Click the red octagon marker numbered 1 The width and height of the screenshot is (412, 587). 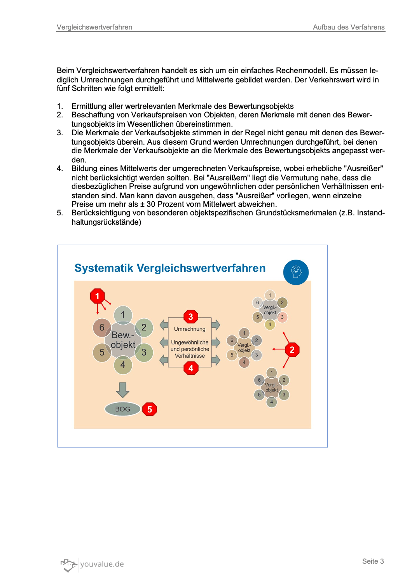coord(97,296)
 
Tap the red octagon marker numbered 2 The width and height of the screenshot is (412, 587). coord(292,350)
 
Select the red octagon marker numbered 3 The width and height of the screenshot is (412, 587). coord(190,317)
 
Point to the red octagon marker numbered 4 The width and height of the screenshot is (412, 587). coord(191,368)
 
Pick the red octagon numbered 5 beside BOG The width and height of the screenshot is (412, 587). coord(150,409)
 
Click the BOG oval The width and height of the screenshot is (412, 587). coord(122,409)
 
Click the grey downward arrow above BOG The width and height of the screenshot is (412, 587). coord(123,390)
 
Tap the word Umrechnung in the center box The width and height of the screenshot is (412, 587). coord(190,329)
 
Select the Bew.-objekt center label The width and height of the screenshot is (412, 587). coord(123,340)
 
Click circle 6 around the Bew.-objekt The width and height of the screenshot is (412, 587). coord(102,327)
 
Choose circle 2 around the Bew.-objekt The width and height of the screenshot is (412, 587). coord(144,327)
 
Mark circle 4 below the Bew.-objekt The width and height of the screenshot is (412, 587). coord(123,365)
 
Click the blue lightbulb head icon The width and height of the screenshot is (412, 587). coord(296,272)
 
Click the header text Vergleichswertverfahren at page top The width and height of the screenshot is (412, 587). coord(94,27)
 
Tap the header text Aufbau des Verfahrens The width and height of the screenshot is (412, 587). coord(349,27)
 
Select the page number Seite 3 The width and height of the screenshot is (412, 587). coord(373,561)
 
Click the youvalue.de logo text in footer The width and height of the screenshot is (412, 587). coord(102,564)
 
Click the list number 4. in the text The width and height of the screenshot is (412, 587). coord(60,168)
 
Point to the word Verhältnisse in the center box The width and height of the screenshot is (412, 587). coord(190,356)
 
